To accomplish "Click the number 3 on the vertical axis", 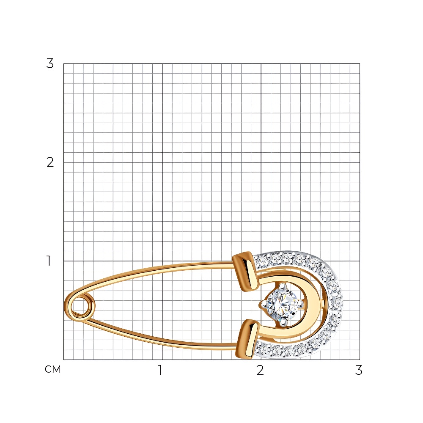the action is [x=50, y=64].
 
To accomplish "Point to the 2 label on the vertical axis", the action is [x=50, y=162].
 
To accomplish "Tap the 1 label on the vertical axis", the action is [x=49, y=261].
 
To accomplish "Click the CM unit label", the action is [x=52, y=369].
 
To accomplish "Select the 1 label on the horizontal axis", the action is [x=160, y=370].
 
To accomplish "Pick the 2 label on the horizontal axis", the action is [x=260, y=370].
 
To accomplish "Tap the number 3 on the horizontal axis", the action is [x=359, y=370].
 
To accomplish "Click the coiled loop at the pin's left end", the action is [x=80, y=306].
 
